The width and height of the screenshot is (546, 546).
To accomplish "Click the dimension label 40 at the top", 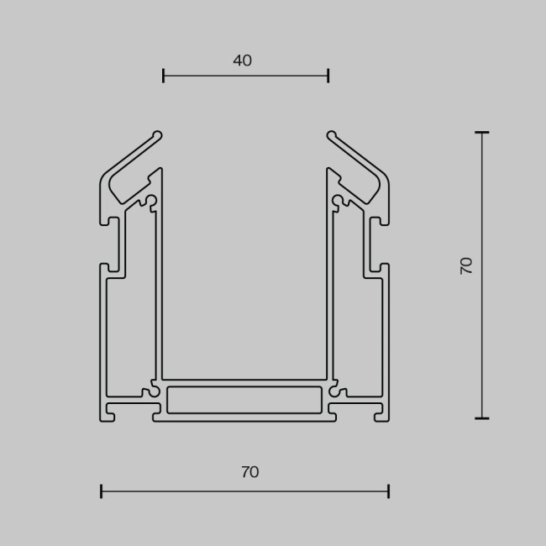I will click(x=242, y=61).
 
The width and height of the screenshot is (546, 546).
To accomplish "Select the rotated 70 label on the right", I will click(x=467, y=265).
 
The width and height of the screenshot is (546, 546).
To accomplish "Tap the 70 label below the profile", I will click(x=249, y=473).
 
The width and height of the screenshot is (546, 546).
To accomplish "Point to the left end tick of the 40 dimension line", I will click(x=164, y=76).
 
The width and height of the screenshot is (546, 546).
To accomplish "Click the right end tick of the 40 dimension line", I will click(x=328, y=76).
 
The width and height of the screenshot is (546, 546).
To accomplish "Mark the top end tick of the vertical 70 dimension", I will click(x=481, y=133).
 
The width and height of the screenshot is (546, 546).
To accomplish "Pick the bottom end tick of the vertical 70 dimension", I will click(x=481, y=417).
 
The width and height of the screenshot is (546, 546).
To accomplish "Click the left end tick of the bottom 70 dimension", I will click(x=102, y=491).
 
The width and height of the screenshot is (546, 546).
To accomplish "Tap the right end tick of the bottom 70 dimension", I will click(x=388, y=491).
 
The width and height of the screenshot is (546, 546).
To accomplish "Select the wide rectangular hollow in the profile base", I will click(x=244, y=400).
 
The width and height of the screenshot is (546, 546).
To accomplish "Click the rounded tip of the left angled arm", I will click(x=157, y=134).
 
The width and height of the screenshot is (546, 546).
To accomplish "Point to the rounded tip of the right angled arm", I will click(x=332, y=134).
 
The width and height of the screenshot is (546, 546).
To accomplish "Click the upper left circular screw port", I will click(x=150, y=202).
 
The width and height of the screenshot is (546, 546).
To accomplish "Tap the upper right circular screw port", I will click(x=339, y=202).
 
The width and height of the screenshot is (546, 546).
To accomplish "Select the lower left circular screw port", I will click(x=150, y=391).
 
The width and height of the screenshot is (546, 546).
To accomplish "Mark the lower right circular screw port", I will click(x=339, y=391).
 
